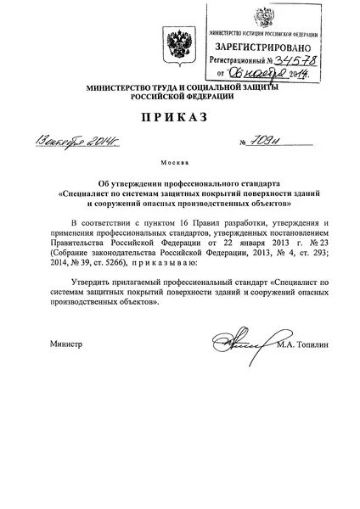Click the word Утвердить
pos(90,280)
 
